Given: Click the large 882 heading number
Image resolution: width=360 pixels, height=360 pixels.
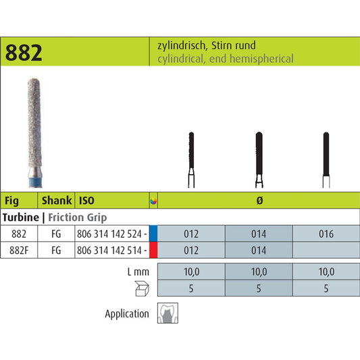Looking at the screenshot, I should click(x=25, y=53).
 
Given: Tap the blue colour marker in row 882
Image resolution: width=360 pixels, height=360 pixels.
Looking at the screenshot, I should click(x=153, y=234).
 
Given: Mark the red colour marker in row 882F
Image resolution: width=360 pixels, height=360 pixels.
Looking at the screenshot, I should click(x=153, y=249).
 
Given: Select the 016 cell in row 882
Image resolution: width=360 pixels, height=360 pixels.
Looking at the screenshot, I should click(x=325, y=234).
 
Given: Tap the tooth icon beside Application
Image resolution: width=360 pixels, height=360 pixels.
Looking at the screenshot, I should click(x=167, y=313).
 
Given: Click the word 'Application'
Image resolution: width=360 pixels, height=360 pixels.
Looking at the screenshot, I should click(x=127, y=313).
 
